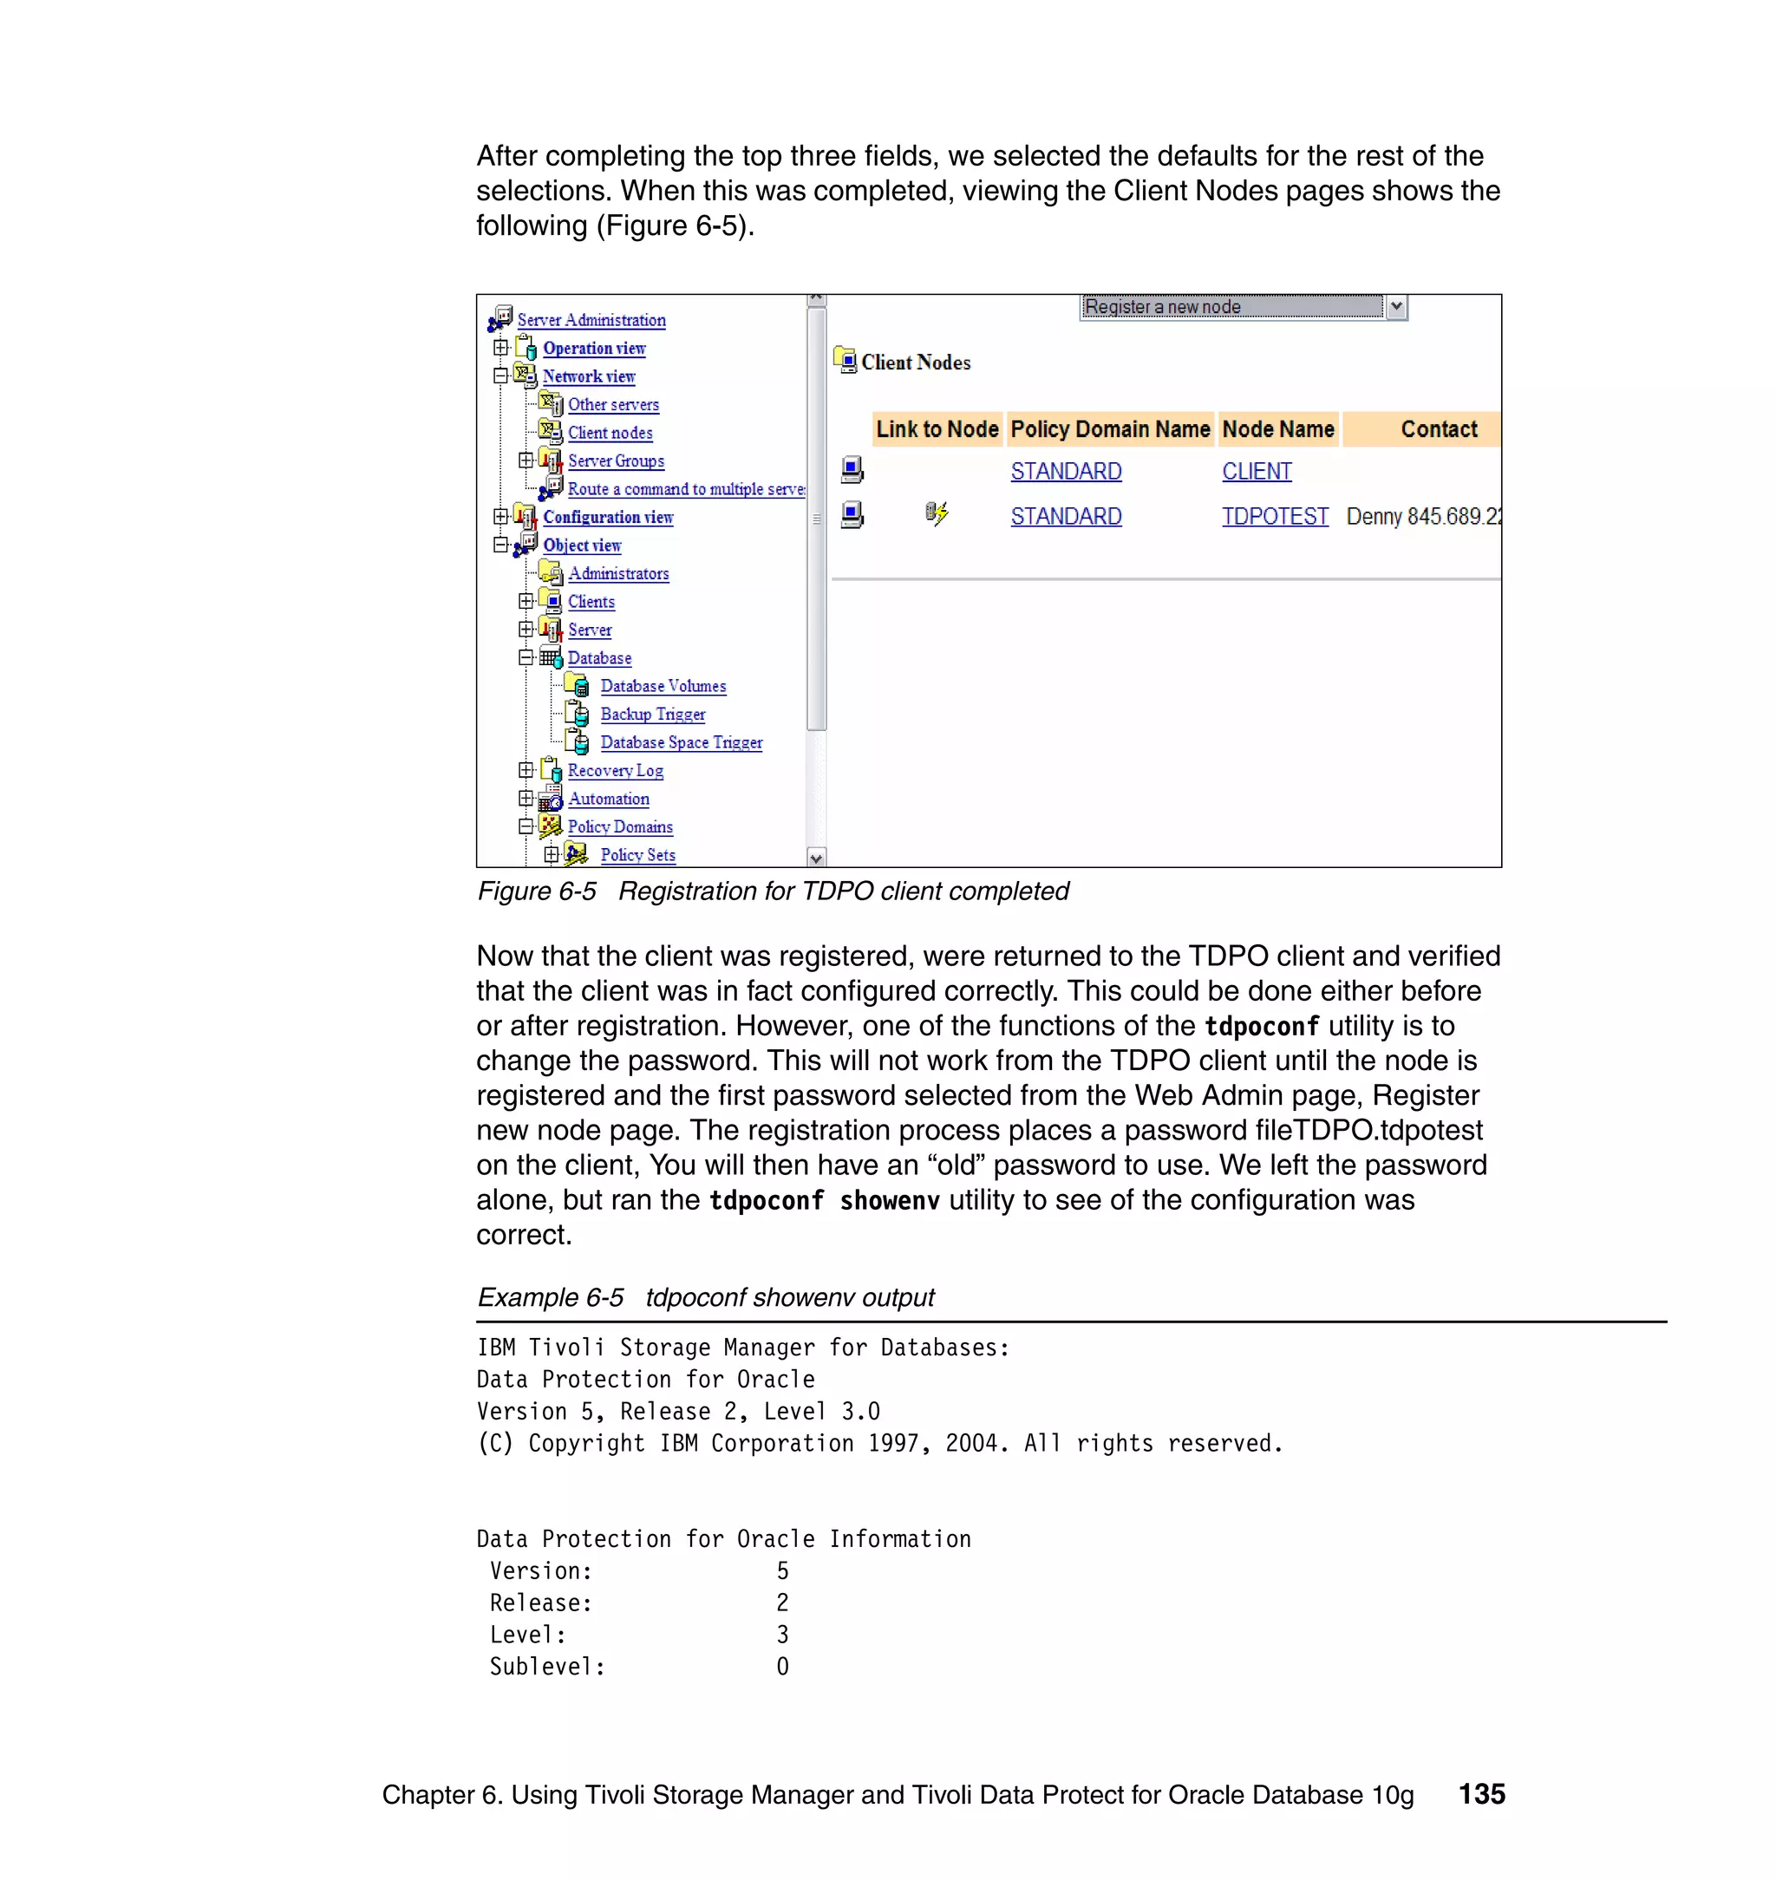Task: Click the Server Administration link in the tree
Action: point(591,320)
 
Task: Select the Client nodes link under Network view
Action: point(610,433)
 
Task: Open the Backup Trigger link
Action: point(652,715)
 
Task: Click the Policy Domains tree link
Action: point(620,827)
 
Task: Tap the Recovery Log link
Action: point(616,771)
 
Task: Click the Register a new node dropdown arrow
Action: point(1396,307)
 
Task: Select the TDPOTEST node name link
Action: point(1274,517)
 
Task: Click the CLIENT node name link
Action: point(1257,472)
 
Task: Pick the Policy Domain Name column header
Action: point(1109,430)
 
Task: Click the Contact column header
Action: point(1438,430)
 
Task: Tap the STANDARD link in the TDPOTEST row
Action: point(1066,517)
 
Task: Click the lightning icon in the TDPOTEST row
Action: point(937,514)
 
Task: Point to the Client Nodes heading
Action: point(916,362)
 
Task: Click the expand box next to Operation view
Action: point(501,349)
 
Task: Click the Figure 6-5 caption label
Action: point(537,891)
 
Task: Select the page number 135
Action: point(1481,1794)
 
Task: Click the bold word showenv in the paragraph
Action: point(889,1201)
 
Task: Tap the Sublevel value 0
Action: point(782,1667)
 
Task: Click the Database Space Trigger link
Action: point(681,743)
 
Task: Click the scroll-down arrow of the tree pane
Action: point(816,858)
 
